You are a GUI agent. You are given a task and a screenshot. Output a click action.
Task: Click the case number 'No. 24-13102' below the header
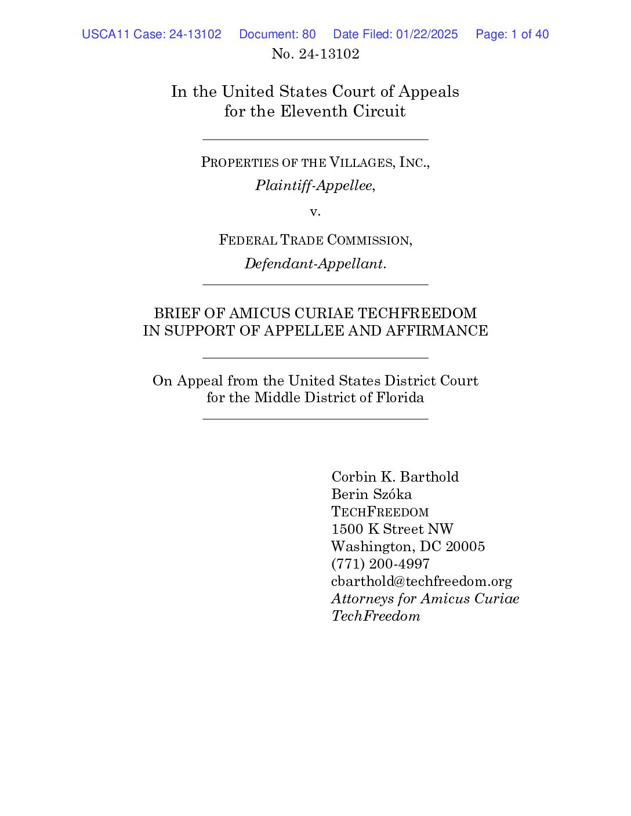(315, 54)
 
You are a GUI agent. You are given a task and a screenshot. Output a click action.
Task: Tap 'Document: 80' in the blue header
(277, 34)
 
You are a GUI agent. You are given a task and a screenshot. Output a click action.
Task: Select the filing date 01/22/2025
(427, 34)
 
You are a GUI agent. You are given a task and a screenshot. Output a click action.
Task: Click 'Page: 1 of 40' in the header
(512, 34)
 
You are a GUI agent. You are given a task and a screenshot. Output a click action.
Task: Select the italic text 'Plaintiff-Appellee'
(314, 185)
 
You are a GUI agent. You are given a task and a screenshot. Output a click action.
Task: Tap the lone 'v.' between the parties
(315, 212)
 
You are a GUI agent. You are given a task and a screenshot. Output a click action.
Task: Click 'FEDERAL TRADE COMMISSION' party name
(315, 240)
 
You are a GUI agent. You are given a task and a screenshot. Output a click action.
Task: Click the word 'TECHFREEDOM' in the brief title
(417, 314)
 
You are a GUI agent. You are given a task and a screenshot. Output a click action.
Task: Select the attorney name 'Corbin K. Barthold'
(395, 477)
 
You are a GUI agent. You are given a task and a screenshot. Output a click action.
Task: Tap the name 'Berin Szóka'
(371, 494)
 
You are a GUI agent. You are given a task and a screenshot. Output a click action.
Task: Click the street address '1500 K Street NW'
(392, 529)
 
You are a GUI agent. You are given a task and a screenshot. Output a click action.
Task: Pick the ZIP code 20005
(465, 547)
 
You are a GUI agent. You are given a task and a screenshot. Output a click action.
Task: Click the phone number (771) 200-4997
(380, 564)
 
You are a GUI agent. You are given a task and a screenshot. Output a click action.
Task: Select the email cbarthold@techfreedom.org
(422, 581)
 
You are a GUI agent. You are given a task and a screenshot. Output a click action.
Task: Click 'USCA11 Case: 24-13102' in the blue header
(151, 34)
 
